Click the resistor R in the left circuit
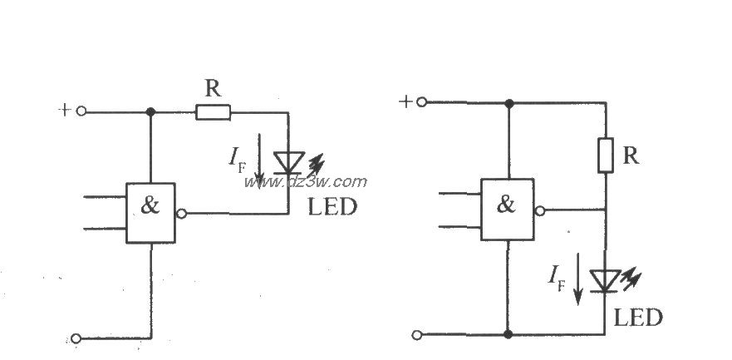[x=214, y=112]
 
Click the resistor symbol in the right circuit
[x=606, y=155]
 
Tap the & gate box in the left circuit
[x=150, y=213]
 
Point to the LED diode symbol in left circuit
[x=289, y=162]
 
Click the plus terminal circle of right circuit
[x=422, y=102]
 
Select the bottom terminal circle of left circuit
[x=76, y=338]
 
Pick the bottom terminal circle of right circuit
[x=417, y=334]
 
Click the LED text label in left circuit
[x=332, y=207]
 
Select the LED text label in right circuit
[x=638, y=318]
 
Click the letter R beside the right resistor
[x=631, y=155]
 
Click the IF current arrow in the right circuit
[x=578, y=279]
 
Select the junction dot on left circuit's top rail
[x=150, y=112]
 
